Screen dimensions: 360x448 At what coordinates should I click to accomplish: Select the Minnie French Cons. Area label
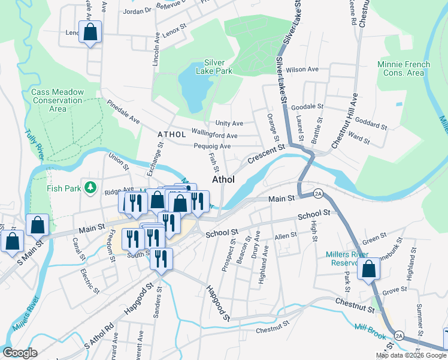(x=404, y=68)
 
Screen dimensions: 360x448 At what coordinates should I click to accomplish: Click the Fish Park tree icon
(x=90, y=188)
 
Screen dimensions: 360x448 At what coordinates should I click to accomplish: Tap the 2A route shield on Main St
(x=318, y=193)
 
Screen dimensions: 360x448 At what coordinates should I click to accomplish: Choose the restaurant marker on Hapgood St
(x=161, y=259)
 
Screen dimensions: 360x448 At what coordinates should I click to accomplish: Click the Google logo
(x=20, y=353)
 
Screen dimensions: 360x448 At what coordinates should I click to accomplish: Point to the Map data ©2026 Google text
(x=411, y=355)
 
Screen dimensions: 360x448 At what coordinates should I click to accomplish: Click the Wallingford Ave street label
(x=214, y=134)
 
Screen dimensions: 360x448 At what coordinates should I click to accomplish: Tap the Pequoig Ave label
(x=212, y=146)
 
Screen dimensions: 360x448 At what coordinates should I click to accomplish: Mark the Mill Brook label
(x=370, y=331)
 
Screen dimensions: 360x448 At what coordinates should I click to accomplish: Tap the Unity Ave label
(x=229, y=123)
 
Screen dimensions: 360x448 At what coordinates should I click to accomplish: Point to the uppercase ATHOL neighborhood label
(x=172, y=134)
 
